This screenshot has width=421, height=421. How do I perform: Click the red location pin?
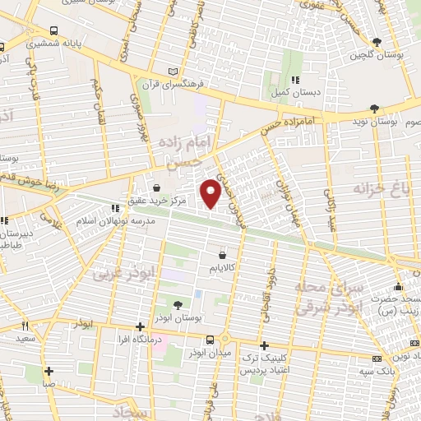(x=211, y=192)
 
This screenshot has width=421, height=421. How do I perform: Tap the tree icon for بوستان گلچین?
(x=377, y=43)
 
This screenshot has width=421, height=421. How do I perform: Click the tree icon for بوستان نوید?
(x=375, y=109)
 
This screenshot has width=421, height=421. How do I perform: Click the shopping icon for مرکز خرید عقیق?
(x=156, y=188)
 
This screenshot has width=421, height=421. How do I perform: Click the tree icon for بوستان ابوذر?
(x=179, y=307)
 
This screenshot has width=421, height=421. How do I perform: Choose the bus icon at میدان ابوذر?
(x=211, y=339)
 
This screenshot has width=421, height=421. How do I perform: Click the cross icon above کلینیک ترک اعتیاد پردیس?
(x=263, y=346)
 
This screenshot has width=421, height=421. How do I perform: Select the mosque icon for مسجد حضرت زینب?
(x=398, y=288)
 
